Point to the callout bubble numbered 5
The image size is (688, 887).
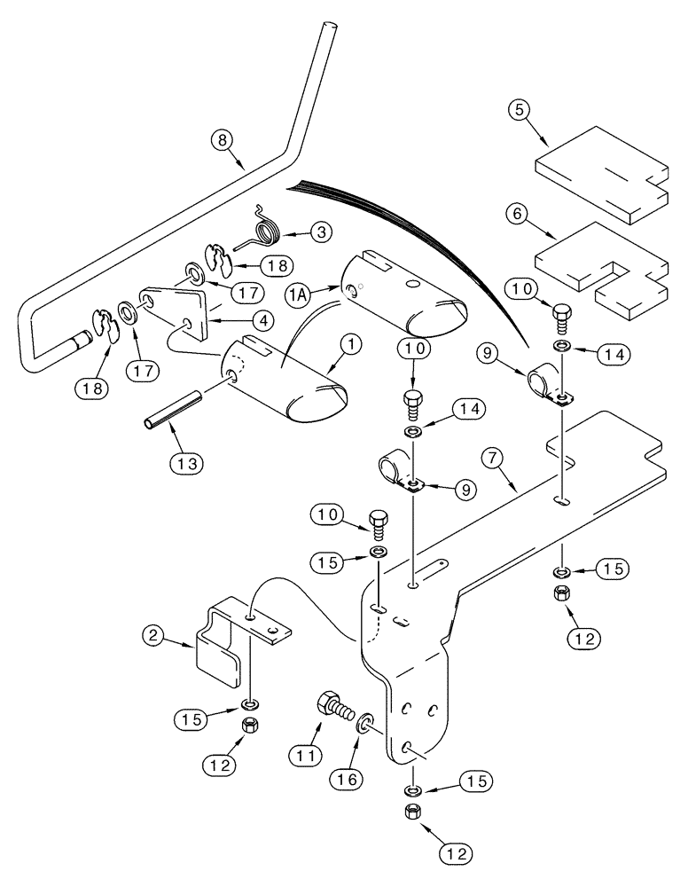pos(520,113)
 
